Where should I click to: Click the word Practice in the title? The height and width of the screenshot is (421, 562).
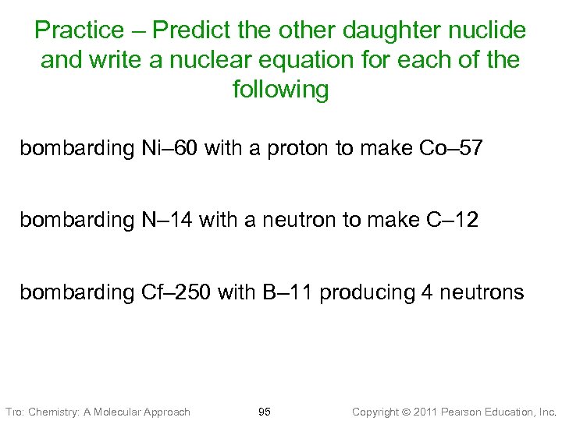pyautogui.click(x=79, y=30)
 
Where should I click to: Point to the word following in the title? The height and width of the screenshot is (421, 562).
pyautogui.click(x=281, y=90)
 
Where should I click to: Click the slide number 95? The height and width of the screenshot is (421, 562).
pyautogui.click(x=265, y=411)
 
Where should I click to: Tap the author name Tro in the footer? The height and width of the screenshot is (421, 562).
pyautogui.click(x=14, y=411)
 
